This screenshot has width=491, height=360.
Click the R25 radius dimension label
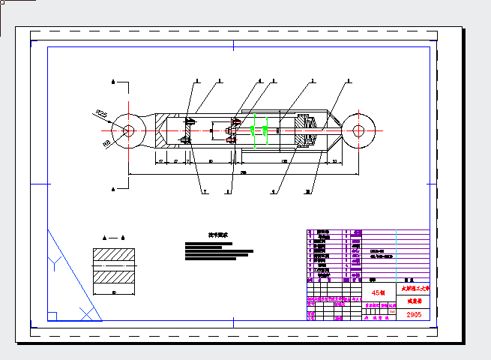[102, 114]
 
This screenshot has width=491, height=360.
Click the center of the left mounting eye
[128, 130]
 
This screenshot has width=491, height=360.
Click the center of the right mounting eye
[359, 130]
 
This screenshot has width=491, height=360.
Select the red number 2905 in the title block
[414, 315]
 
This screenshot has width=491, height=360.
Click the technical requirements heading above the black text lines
[218, 235]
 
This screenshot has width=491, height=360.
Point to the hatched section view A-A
[113, 265]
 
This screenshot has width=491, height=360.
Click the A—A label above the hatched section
[113, 238]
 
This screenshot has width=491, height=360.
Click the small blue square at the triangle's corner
[52, 316]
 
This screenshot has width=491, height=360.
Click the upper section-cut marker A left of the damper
[113, 81]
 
